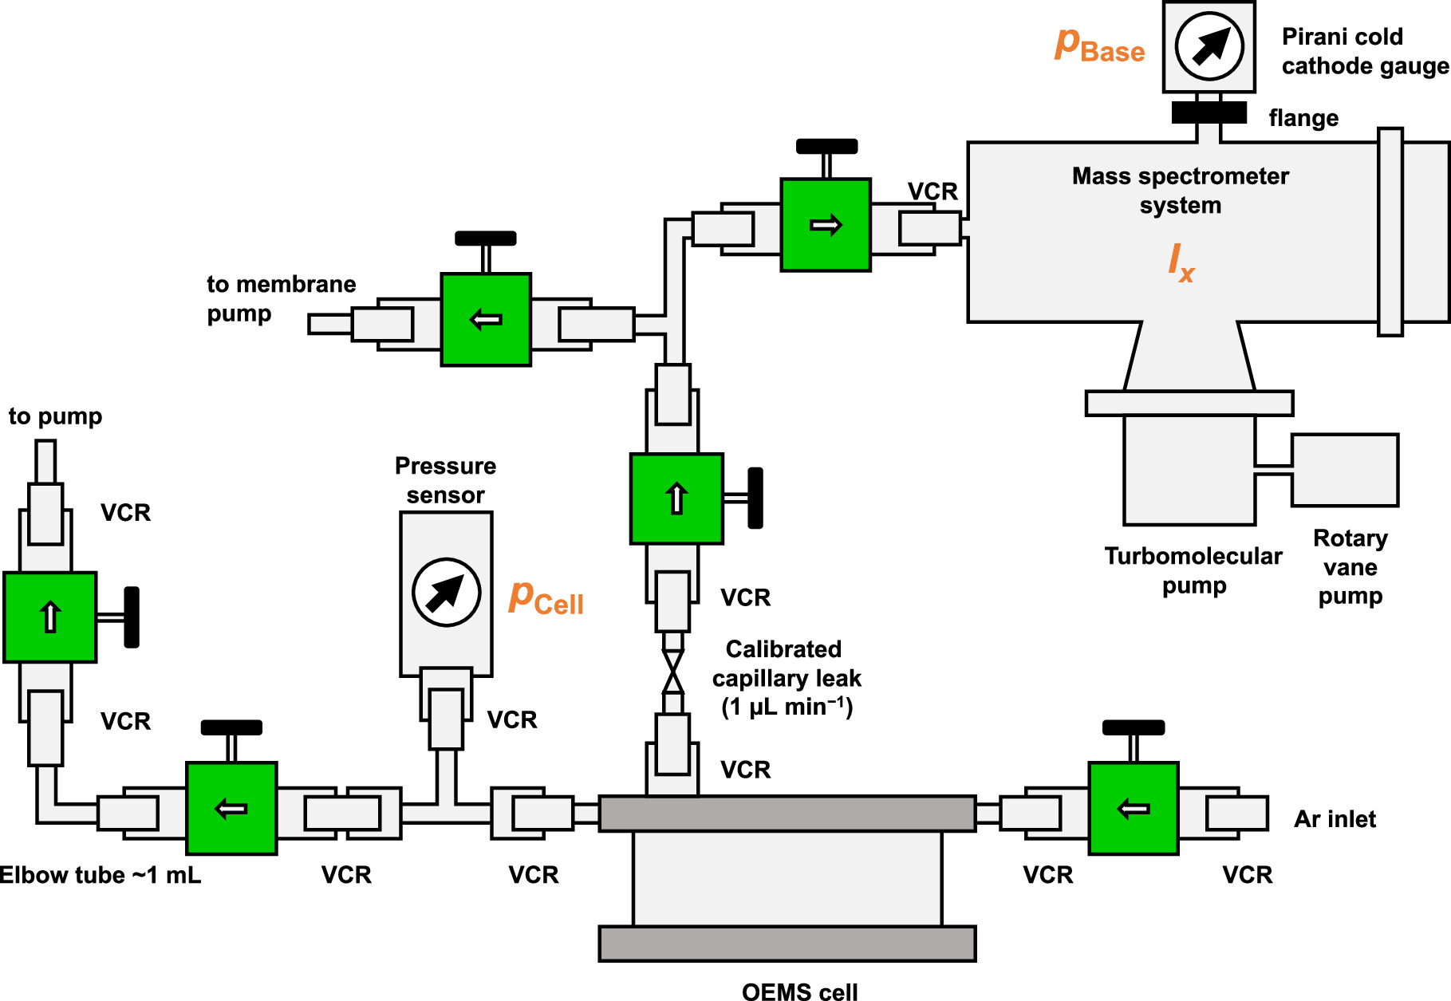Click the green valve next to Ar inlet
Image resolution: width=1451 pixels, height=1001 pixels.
coord(1133,808)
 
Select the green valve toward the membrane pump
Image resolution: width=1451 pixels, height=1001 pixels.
coord(485,320)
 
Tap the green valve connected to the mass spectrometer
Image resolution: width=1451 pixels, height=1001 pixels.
coord(825,225)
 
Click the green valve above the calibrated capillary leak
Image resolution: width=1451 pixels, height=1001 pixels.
coord(676,499)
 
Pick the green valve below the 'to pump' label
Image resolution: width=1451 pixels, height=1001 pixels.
coord(49,617)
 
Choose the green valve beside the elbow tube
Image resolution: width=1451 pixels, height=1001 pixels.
coord(231,808)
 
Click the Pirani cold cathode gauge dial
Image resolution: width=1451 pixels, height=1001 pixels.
coord(1209,46)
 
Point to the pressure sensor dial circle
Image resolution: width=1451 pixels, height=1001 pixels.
coord(446,592)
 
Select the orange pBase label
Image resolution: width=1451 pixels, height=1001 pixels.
coord(1099,45)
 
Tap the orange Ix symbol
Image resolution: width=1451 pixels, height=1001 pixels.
coord(1181,263)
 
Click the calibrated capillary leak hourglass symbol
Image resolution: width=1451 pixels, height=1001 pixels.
coord(673,672)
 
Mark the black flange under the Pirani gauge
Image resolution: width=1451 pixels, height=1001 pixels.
coord(1209,112)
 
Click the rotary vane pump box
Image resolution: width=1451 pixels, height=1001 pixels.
coord(1344,470)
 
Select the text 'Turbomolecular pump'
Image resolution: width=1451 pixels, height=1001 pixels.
coord(1193,570)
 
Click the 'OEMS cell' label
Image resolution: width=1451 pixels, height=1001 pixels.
coord(799,991)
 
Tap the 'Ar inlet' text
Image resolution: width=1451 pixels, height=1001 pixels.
coord(1335,819)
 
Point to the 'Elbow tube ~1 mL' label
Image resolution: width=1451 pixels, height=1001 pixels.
coord(100,875)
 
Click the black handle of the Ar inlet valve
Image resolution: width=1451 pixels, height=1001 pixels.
coord(1133,727)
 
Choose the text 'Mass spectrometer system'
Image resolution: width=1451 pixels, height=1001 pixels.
coord(1180,190)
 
